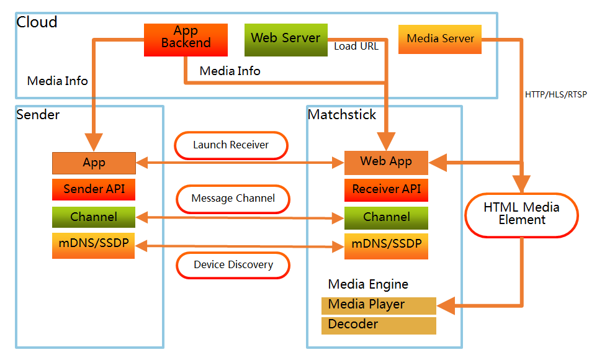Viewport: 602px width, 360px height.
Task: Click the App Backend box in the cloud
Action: pyautogui.click(x=186, y=40)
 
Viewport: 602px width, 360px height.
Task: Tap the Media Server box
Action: pyautogui.click(x=440, y=39)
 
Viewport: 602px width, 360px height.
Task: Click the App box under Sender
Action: pyautogui.click(x=94, y=163)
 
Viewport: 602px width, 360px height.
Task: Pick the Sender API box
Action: pyautogui.click(x=94, y=189)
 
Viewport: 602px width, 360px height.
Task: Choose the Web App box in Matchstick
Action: pyautogui.click(x=386, y=162)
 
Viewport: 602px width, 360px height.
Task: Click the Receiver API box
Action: pyautogui.click(x=386, y=189)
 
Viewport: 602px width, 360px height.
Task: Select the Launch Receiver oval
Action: pyautogui.click(x=231, y=145)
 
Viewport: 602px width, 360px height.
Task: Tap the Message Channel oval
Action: pyautogui.click(x=233, y=199)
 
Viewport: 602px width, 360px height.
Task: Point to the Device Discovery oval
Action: pyautogui.click(x=233, y=265)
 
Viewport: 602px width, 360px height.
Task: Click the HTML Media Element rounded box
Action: pyautogui.click(x=521, y=214)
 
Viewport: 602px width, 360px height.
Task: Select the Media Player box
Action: pyautogui.click(x=379, y=305)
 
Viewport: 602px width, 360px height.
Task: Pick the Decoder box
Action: pyautogui.click(x=379, y=325)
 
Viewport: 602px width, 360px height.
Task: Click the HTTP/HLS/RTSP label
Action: pyautogui.click(x=555, y=95)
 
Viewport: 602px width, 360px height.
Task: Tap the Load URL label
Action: pyautogui.click(x=356, y=46)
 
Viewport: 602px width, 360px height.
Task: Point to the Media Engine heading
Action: pyautogui.click(x=368, y=284)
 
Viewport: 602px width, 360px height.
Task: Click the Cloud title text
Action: pyautogui.click(x=37, y=22)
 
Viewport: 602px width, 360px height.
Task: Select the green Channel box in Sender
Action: pyautogui.click(x=94, y=217)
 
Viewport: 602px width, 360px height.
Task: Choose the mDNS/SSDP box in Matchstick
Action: pyautogui.click(x=386, y=245)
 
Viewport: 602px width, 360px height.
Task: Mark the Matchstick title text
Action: pyautogui.click(x=342, y=115)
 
